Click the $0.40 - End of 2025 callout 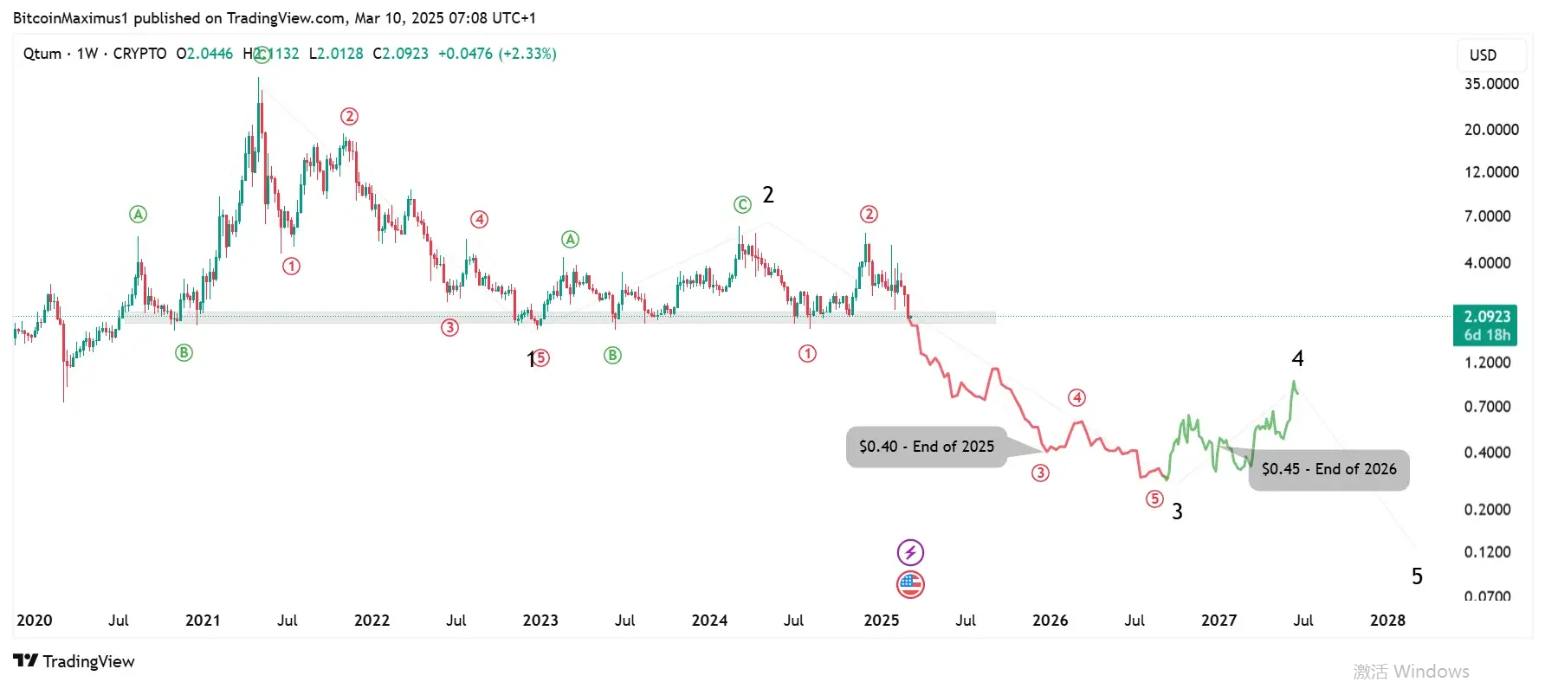click(926, 447)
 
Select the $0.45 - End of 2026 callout click(1328, 469)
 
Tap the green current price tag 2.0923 click(1486, 325)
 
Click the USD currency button click(1483, 55)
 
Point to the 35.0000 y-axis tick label click(1490, 84)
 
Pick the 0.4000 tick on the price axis click(1487, 453)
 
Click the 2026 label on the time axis click(1050, 621)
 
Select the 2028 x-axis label click(1387, 621)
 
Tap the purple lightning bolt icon click(910, 552)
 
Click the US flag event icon click(910, 585)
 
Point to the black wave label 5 click(1417, 576)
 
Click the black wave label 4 click(1297, 358)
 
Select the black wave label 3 click(1177, 511)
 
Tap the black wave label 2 click(767, 195)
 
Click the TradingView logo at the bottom click(74, 661)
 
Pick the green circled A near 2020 click(138, 214)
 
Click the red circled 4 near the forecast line click(1076, 398)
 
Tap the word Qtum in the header click(42, 54)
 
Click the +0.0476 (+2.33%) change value click(497, 54)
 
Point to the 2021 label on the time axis click(203, 621)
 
